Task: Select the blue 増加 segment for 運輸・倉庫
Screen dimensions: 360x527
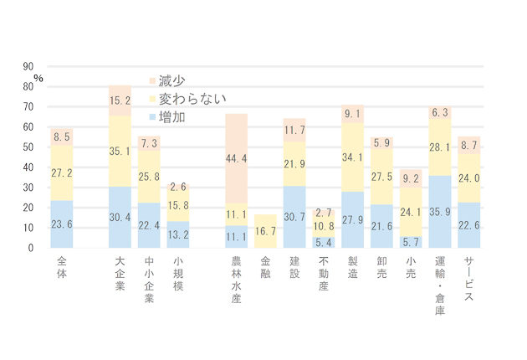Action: click(x=440, y=212)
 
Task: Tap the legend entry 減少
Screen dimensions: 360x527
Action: click(x=171, y=80)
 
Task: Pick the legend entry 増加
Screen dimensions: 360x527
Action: click(x=171, y=117)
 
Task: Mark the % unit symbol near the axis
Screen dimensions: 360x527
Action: click(x=38, y=79)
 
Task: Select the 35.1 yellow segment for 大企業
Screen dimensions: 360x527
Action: click(x=120, y=152)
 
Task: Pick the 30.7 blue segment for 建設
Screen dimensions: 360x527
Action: click(x=294, y=217)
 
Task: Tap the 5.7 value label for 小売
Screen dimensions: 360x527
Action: click(x=411, y=242)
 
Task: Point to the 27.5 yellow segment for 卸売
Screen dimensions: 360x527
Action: click(x=382, y=177)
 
